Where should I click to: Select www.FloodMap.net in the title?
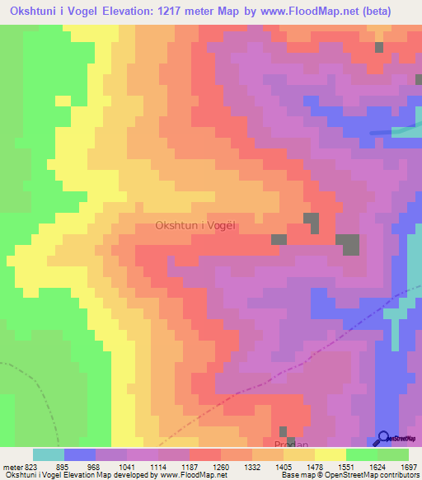(x=311, y=12)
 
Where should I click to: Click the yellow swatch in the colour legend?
(x=330, y=454)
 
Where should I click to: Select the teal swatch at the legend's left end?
(x=48, y=454)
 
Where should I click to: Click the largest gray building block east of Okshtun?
(x=349, y=243)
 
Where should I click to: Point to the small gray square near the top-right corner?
(x=379, y=47)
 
